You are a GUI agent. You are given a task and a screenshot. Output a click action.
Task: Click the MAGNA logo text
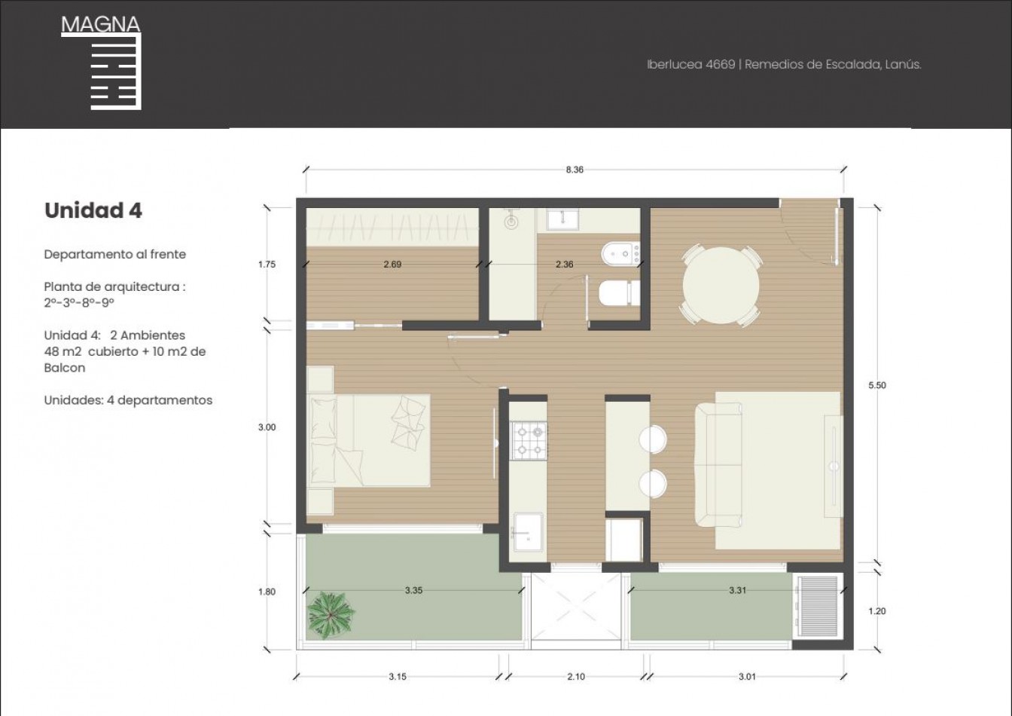(100, 24)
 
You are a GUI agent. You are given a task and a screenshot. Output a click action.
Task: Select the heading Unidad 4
(93, 210)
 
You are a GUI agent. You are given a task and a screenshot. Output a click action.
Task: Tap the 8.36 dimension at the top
(575, 170)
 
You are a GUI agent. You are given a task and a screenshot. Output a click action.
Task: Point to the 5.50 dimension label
(877, 385)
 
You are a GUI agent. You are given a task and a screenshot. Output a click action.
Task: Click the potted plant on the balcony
(331, 616)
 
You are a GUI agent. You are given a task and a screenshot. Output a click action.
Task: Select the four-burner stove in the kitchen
(529, 441)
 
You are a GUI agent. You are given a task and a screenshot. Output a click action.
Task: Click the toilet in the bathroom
(620, 293)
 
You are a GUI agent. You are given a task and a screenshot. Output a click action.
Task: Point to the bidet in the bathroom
(620, 254)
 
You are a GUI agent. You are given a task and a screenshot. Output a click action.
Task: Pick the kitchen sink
(527, 532)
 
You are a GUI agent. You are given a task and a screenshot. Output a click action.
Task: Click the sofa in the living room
(718, 465)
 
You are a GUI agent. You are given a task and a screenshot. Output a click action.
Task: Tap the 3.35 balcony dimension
(413, 590)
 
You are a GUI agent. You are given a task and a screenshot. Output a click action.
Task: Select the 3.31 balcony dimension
(737, 590)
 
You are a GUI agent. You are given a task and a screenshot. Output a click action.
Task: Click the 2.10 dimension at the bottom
(575, 677)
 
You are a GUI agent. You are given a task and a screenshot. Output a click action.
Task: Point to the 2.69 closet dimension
(392, 264)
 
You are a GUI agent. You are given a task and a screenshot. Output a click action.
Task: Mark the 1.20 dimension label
(877, 611)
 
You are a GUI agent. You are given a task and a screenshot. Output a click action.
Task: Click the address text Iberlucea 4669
(690, 65)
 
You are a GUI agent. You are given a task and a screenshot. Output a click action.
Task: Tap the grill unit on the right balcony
(818, 607)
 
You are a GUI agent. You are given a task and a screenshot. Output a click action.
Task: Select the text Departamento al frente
(114, 254)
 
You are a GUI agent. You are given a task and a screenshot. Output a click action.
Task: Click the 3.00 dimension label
(267, 427)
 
